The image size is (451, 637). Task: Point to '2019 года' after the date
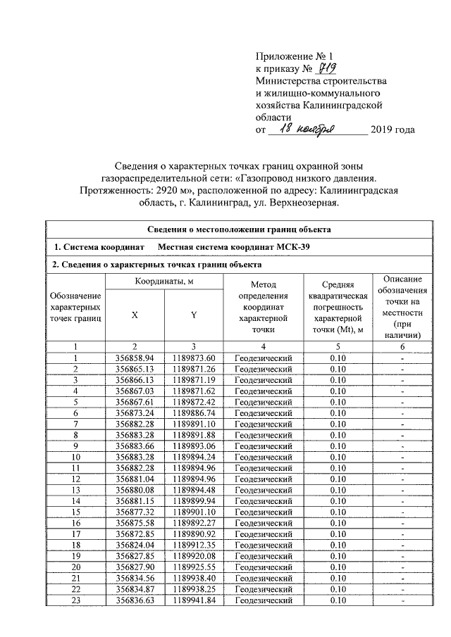(393, 130)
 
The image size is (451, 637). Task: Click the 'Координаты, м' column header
(164, 282)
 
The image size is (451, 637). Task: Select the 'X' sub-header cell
(134, 315)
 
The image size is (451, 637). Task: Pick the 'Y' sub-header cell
(193, 315)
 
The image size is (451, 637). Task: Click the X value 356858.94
(134, 359)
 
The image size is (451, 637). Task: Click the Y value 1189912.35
(193, 545)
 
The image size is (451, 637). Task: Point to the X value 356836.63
(134, 600)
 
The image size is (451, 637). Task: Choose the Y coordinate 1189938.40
(193, 578)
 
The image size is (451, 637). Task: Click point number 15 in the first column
(75, 512)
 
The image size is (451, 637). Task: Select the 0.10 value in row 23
(338, 600)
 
